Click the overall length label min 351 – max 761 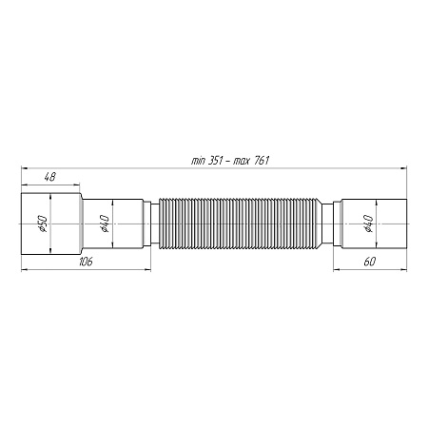point(230,161)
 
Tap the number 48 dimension point(49,177)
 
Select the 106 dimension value point(86,262)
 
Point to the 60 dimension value point(370,262)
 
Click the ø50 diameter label point(42,224)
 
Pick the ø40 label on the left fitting point(105,224)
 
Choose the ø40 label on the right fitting point(368,224)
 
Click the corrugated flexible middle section point(238,224)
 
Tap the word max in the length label point(242,161)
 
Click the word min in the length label point(198,161)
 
